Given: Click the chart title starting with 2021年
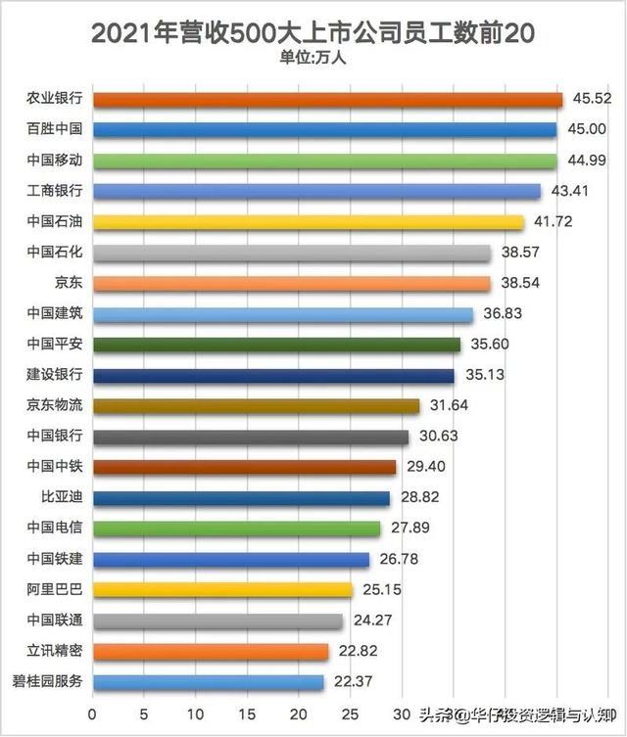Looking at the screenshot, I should pos(313,32).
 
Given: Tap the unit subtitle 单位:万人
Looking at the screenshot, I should pos(313,58).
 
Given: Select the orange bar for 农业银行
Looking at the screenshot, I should pos(327,99).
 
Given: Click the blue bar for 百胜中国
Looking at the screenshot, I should pos(324,129).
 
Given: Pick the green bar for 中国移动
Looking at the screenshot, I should pos(324,161).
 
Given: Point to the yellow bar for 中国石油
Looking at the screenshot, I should pos(309,221).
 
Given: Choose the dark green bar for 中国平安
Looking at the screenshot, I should pos(276,345).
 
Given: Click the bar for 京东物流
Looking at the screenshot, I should pos(256,405).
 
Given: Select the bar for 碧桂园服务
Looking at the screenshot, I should pos(208,682).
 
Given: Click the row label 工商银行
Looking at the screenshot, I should pos(55,191).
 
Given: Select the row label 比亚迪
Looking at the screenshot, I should pos(62,498).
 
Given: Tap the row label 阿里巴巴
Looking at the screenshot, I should pos(55,590).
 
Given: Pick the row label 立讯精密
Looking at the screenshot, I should pos(55,651).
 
